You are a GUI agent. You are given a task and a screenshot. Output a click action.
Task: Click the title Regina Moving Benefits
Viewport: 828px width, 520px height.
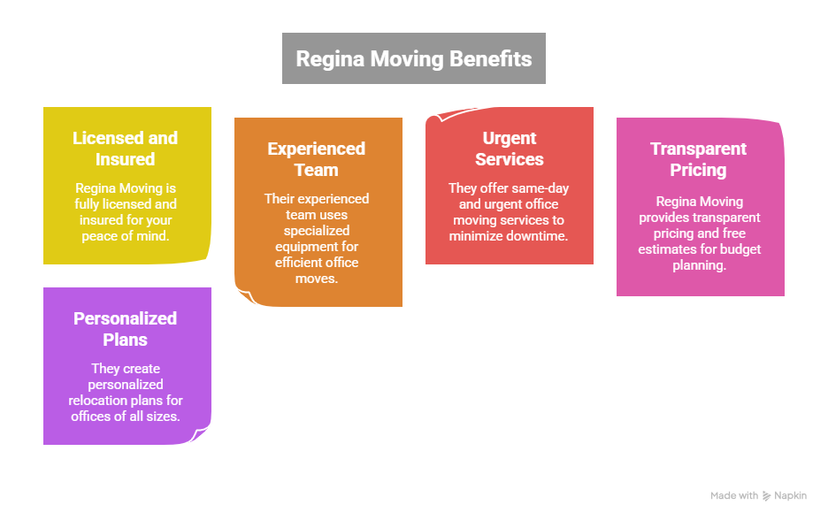(414, 59)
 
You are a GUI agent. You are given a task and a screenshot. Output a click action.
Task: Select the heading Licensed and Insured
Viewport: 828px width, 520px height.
(125, 149)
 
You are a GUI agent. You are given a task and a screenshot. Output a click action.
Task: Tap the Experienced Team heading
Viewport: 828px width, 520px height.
(317, 159)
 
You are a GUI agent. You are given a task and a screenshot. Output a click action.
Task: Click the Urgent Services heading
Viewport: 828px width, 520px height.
(510, 149)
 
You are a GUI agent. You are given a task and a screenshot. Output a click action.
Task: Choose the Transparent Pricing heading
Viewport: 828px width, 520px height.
(698, 159)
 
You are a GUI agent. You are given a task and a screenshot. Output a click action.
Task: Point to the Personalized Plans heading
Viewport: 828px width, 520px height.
(125, 329)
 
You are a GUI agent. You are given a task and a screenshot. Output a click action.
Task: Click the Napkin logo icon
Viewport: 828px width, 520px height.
(766, 496)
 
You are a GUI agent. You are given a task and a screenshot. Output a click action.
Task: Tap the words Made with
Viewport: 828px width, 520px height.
(734, 496)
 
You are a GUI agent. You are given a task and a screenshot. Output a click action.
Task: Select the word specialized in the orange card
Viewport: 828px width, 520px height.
(317, 230)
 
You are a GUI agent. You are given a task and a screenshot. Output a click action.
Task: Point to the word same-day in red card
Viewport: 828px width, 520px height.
(540, 188)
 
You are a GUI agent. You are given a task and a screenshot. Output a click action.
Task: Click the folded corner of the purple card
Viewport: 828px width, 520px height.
(203, 436)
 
